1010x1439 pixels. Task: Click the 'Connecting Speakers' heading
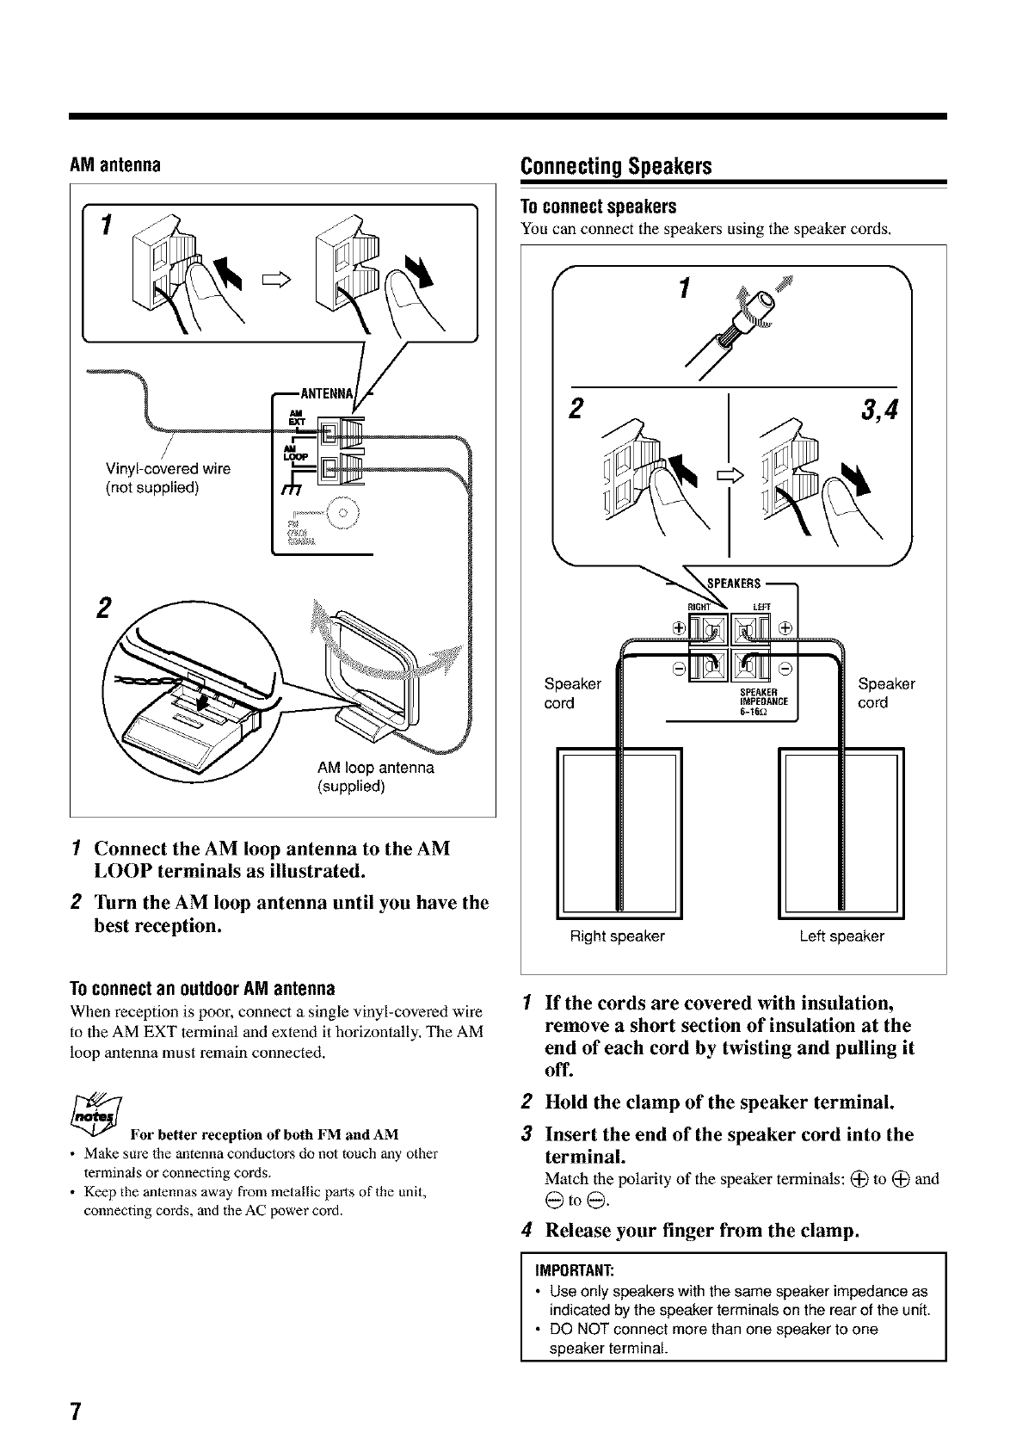click(616, 165)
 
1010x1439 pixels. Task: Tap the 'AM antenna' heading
click(116, 164)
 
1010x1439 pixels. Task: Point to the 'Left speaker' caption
click(841, 936)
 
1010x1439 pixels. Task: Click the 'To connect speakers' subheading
click(599, 207)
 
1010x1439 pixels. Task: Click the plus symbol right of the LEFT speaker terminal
click(786, 627)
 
